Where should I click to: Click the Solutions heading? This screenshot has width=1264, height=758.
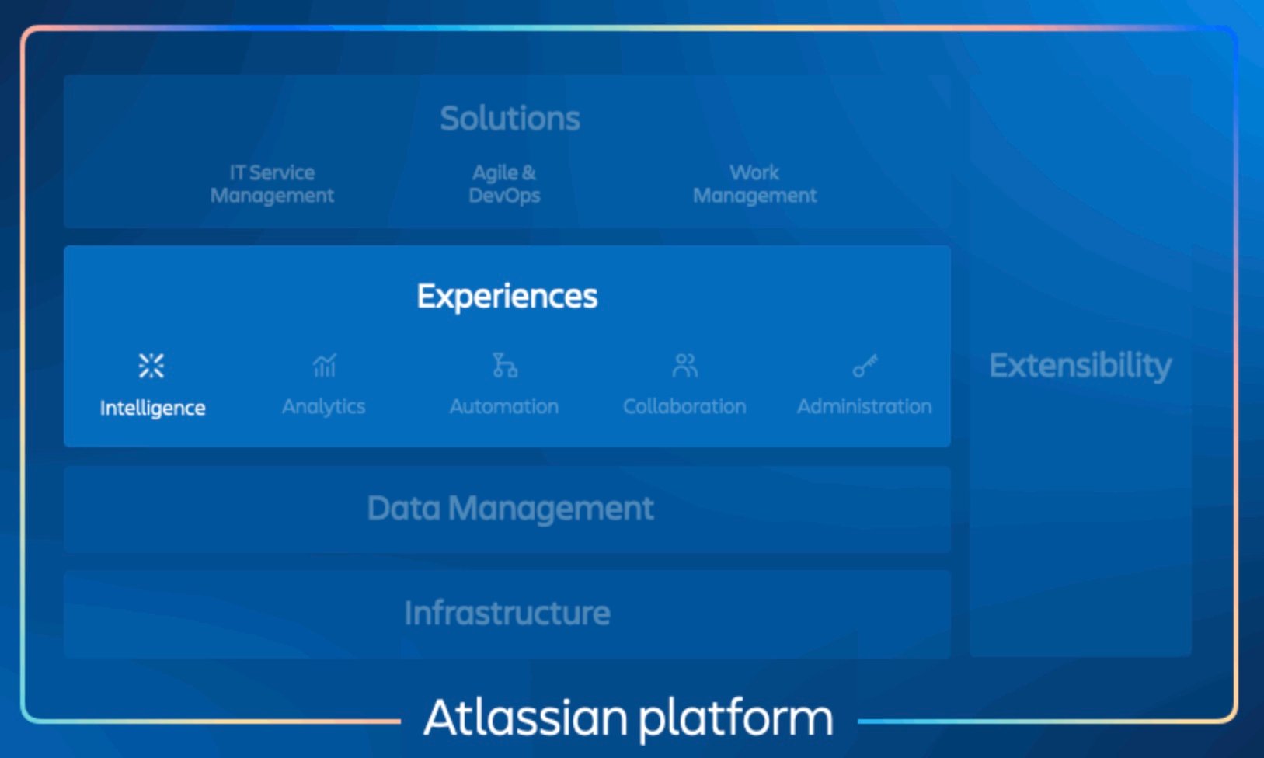tap(510, 119)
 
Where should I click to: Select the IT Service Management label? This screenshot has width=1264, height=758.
tap(272, 184)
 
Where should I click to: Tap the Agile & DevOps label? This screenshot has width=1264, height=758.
tap(504, 184)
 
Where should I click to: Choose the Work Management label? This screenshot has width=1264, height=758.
tap(754, 184)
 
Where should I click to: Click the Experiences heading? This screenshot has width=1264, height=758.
tap(507, 296)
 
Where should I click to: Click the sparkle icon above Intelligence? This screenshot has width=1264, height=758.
tap(151, 365)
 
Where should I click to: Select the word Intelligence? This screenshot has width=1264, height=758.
tap(152, 408)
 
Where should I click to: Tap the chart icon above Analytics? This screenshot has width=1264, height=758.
tap(324, 364)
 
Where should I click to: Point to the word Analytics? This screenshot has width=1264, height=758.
tap(323, 406)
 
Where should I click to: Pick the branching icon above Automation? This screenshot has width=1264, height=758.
tap(504, 364)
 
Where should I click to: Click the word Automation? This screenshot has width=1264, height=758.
tap(503, 406)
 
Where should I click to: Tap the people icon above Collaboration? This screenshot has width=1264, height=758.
tap(684, 365)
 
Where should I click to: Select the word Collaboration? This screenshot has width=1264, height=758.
tap(684, 406)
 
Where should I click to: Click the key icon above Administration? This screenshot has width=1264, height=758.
tap(865, 365)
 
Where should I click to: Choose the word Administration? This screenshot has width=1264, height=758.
tap(864, 406)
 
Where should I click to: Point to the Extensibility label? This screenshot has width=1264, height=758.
tap(1080, 366)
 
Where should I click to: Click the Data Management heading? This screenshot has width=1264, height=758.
tap(510, 509)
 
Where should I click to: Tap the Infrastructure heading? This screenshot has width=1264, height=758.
tap(507, 614)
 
